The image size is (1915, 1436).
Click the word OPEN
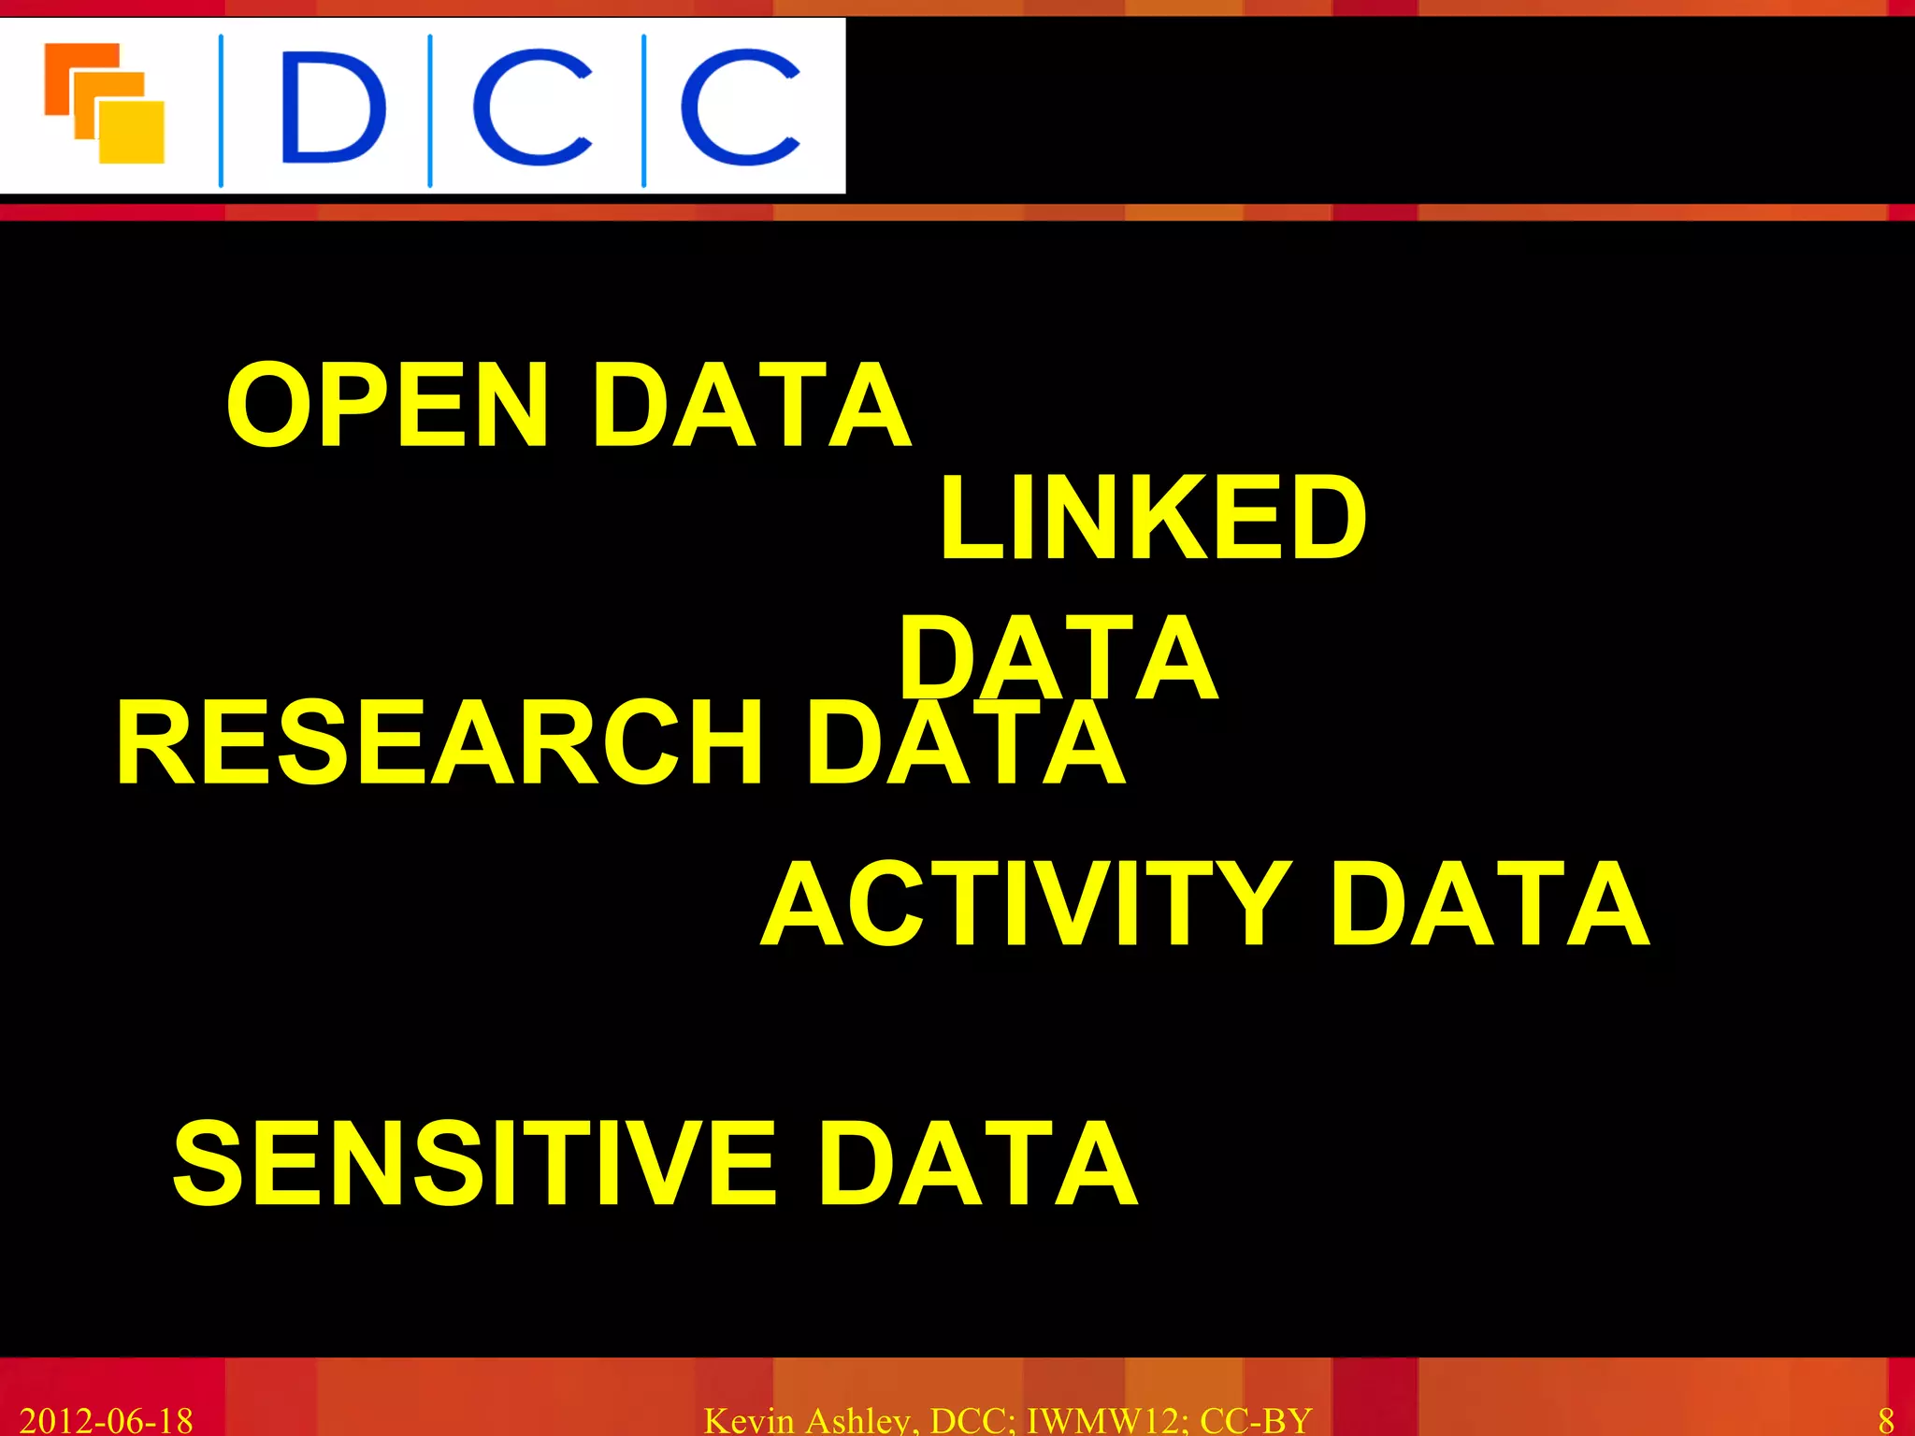pos(387,406)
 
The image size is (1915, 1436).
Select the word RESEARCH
pos(439,744)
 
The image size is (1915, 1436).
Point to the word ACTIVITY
pos(1026,905)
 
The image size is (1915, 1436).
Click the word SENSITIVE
pos(474,1163)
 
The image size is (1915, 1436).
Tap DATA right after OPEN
pos(751,406)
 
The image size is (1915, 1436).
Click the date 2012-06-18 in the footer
pos(106,1420)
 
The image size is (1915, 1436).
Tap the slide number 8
pos(1885,1420)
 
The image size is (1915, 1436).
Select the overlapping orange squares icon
pos(105,103)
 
